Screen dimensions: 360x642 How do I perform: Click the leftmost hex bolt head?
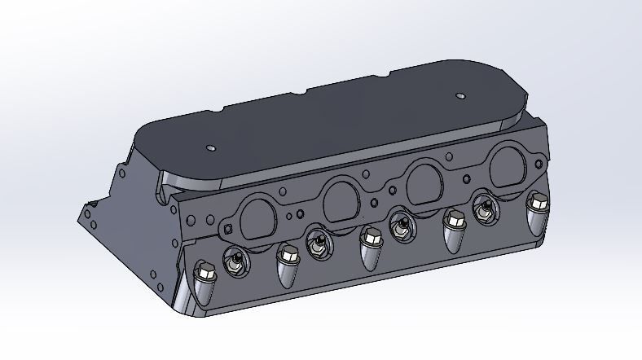point(204,272)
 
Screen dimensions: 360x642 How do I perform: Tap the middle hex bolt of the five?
point(371,237)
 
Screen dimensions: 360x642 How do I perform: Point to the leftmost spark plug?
point(234,261)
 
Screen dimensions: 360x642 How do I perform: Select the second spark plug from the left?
point(317,242)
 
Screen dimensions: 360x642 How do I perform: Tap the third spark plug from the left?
point(400,222)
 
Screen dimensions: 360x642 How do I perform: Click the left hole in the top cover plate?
point(210,149)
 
